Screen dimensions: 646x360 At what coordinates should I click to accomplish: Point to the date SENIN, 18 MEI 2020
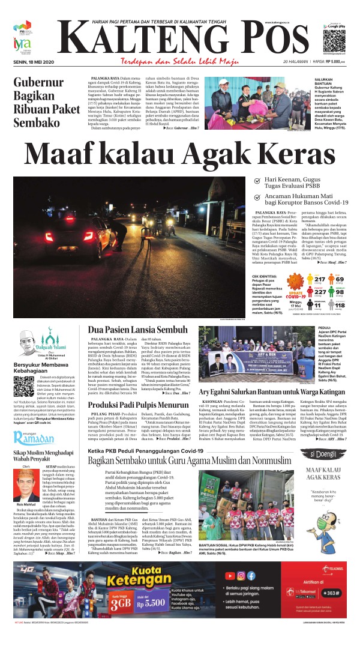(34, 62)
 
